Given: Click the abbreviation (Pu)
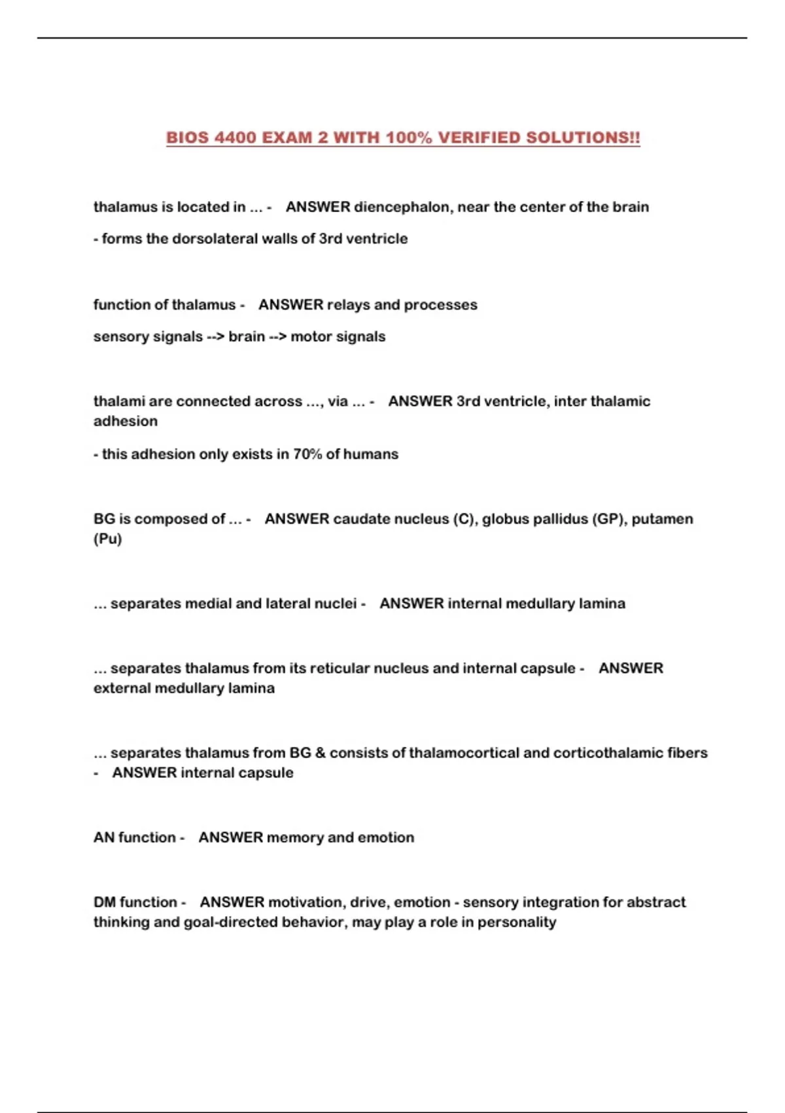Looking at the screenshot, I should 108,539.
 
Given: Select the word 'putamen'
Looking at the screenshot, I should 662,519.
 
